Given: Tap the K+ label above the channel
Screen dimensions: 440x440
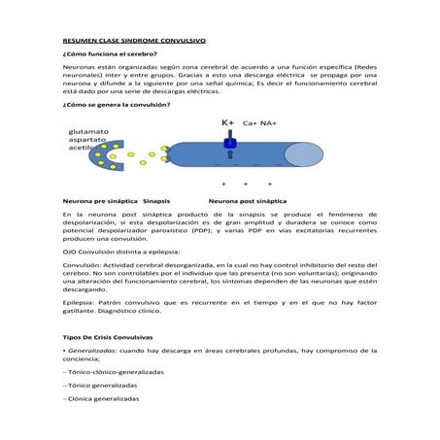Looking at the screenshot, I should [x=228, y=123].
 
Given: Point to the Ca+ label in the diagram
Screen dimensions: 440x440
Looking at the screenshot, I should [x=250, y=124].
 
